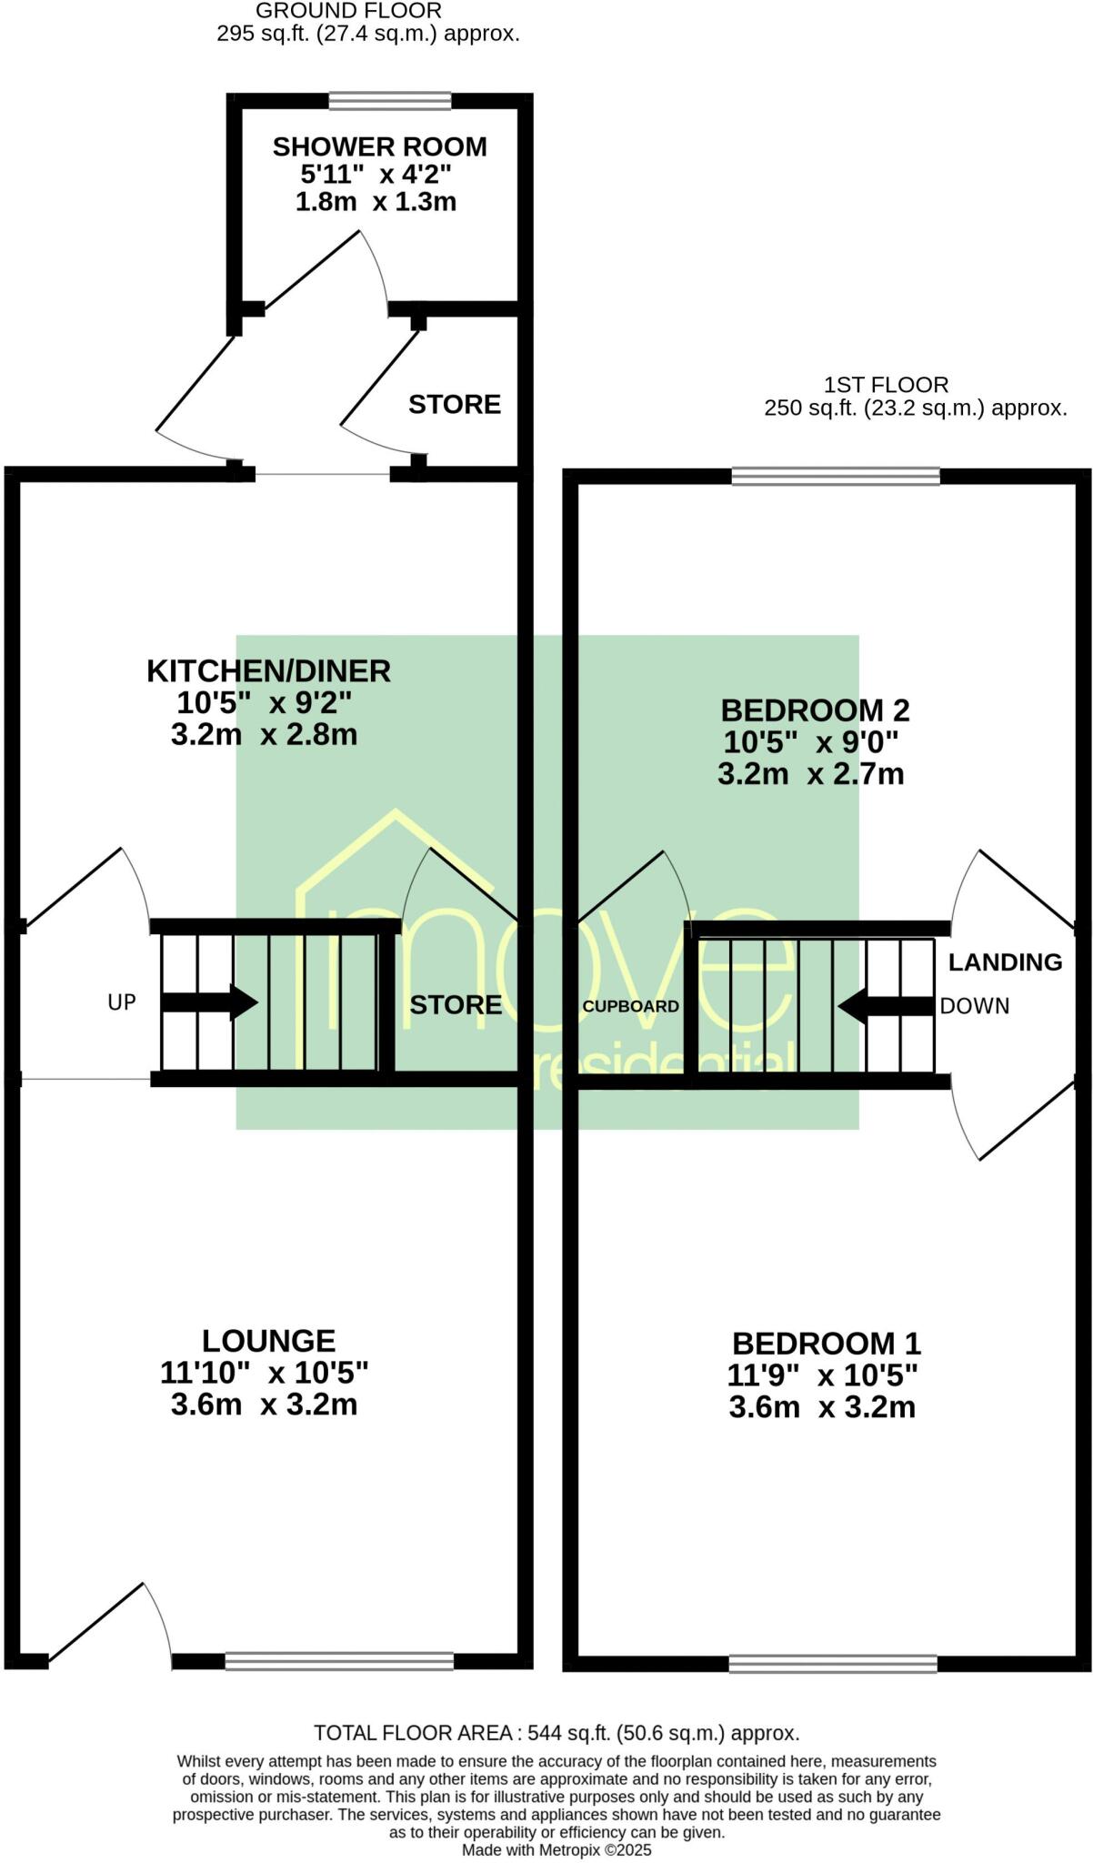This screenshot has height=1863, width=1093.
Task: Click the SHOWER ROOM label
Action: tap(379, 146)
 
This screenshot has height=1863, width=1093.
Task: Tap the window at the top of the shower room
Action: tap(389, 101)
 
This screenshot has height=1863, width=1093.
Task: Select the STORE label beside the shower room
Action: tap(454, 404)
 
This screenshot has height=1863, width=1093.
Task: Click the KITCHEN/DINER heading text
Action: tap(268, 671)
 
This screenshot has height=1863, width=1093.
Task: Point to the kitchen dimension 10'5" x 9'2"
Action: tap(264, 703)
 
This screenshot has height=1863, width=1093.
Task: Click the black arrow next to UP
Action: tap(210, 1002)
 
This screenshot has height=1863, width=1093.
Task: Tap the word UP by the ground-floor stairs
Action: tap(122, 1002)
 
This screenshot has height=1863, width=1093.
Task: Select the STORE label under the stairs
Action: tap(456, 1004)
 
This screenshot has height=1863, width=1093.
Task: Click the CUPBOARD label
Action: tap(630, 1006)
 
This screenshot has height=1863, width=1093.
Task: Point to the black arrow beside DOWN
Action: tap(886, 1006)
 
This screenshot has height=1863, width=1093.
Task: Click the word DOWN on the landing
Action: tap(975, 1006)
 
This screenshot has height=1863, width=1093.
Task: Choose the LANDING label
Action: tap(1005, 962)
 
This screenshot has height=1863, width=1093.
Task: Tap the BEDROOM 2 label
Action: tap(815, 710)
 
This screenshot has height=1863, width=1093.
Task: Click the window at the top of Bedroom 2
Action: tap(836, 476)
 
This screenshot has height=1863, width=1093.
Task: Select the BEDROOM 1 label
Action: tap(826, 1344)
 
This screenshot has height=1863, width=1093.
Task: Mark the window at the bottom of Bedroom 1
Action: tap(833, 1664)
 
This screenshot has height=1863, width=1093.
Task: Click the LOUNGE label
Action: tap(268, 1341)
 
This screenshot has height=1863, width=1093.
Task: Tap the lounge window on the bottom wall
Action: tap(339, 1662)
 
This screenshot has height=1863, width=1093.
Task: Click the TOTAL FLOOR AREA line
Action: tap(557, 1733)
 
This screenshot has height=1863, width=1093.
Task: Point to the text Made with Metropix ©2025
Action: tap(557, 1850)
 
